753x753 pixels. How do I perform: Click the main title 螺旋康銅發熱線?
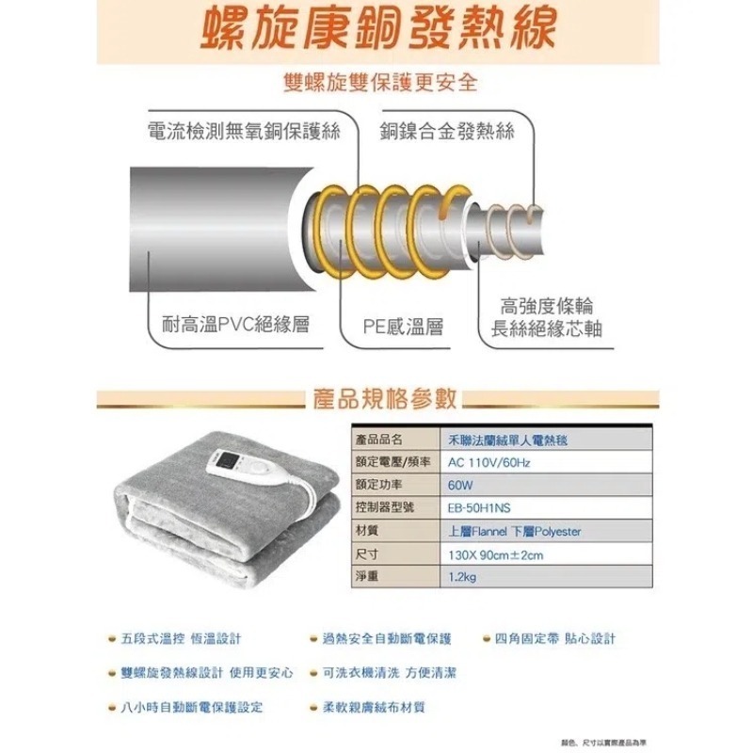point(376,30)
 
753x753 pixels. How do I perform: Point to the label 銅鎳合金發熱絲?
point(447,133)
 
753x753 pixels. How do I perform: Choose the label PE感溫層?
point(403,327)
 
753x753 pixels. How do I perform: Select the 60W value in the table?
point(460,486)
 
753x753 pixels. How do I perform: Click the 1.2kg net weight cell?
point(463,577)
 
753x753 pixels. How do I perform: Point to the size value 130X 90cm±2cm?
point(495,554)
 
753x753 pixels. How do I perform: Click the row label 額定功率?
point(376,486)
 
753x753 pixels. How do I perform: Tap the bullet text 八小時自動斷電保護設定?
point(192,706)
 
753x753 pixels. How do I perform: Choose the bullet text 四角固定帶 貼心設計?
point(555,639)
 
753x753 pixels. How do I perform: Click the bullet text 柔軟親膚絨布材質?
point(374,706)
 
